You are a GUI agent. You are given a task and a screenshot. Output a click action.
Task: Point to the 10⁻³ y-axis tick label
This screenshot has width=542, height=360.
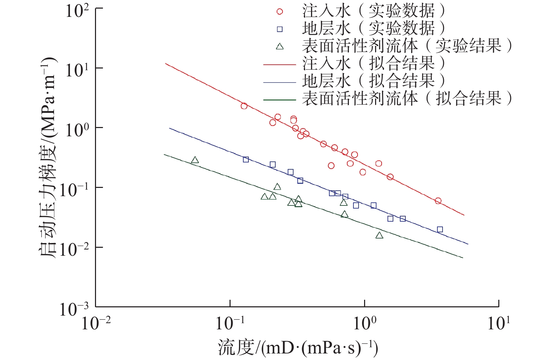click(74, 309)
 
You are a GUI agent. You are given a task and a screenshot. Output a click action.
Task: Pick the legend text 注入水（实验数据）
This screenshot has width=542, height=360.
click(373, 11)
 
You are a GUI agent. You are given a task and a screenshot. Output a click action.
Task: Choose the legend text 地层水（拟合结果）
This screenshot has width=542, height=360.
click(373, 81)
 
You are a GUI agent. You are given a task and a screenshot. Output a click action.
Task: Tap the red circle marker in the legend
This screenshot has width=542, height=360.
click(280, 12)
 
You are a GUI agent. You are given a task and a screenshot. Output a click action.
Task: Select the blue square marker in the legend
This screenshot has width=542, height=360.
click(280, 29)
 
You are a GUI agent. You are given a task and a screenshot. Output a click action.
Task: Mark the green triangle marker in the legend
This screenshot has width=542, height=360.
click(280, 46)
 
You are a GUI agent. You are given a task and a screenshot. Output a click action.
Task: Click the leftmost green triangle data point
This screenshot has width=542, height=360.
click(195, 160)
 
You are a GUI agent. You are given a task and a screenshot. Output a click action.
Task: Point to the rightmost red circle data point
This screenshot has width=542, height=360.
click(438, 201)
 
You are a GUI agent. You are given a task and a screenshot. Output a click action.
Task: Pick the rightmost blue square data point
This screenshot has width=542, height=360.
click(440, 229)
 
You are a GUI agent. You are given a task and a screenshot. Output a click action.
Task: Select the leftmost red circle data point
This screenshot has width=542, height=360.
click(244, 106)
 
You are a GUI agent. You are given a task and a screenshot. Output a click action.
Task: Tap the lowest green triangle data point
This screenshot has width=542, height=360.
click(379, 235)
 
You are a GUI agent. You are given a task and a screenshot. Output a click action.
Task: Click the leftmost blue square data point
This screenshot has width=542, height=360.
click(246, 159)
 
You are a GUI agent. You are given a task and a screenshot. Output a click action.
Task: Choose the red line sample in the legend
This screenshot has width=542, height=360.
click(279, 64)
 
